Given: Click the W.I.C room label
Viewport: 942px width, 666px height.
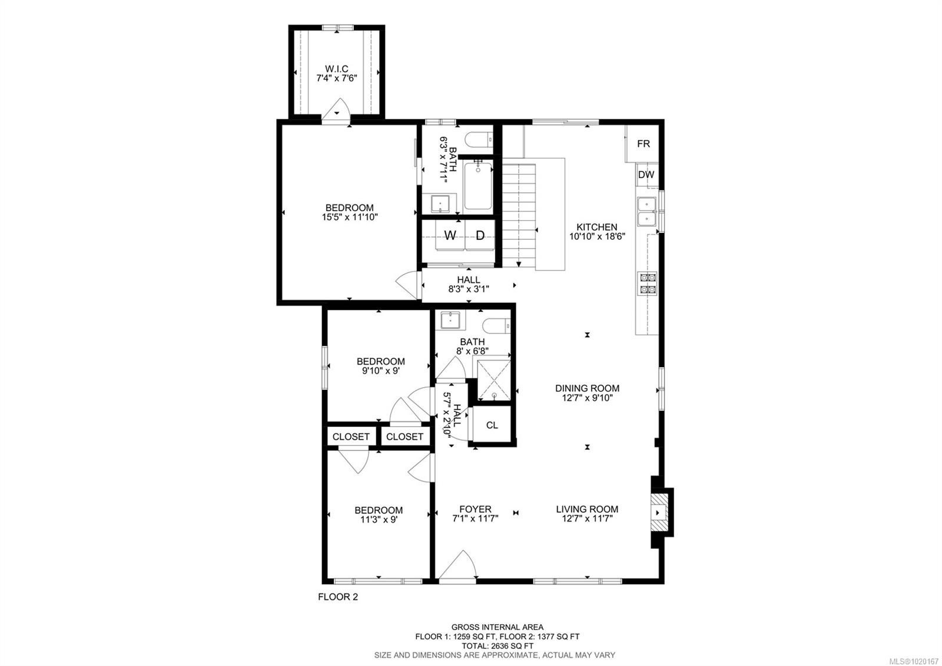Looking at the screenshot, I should point(336,69).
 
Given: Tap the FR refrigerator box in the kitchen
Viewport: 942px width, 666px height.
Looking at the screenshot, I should point(644,143).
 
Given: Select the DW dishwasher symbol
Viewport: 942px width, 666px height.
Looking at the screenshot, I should point(646,174).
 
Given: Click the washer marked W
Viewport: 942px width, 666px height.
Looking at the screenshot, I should point(450,236).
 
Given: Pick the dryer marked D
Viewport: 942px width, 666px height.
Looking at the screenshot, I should point(480,236).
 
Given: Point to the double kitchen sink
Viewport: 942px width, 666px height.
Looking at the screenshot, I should point(646,212).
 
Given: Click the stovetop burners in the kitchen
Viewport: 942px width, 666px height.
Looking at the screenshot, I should point(648,283).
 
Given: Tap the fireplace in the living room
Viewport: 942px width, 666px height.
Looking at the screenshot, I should point(659,513).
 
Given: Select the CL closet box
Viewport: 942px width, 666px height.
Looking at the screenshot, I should point(492,425).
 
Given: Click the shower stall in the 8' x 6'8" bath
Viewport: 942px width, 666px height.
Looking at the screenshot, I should point(493,381).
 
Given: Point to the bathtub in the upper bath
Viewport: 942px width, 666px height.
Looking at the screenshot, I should point(477,187).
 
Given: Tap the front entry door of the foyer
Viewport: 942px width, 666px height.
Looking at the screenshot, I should point(457,568).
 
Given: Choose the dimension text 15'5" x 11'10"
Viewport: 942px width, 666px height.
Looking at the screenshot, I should point(349,217).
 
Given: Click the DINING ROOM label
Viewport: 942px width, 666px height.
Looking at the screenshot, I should point(587,388).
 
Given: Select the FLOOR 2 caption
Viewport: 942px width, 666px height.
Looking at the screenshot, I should point(338,596).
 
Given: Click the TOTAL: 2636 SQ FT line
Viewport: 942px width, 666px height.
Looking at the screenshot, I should point(497,645).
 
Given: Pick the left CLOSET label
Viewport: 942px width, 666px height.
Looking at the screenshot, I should point(351,437).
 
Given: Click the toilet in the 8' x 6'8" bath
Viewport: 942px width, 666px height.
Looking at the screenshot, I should point(495,325).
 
